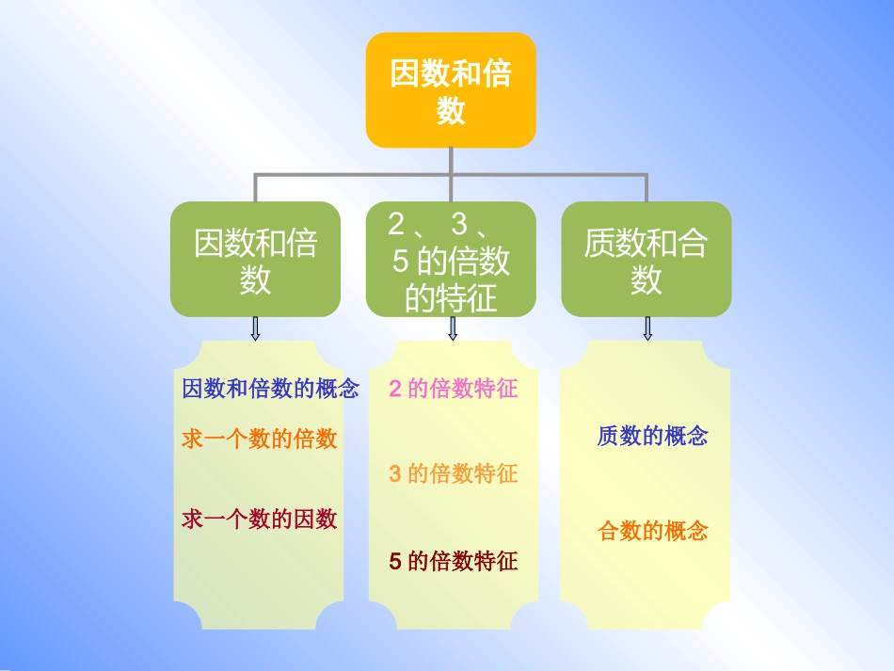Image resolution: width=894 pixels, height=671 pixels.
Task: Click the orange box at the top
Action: (x=451, y=90)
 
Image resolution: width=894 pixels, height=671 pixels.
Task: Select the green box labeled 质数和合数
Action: (x=646, y=259)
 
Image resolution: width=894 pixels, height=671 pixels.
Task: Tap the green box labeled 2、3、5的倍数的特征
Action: (x=451, y=259)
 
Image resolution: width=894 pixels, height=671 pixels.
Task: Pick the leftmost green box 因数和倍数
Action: (x=255, y=259)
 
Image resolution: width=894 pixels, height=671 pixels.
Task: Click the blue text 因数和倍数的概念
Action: (x=271, y=389)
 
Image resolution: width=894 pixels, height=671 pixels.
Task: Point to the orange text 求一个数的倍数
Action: (x=260, y=439)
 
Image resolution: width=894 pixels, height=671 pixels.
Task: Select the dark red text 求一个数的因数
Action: (x=260, y=519)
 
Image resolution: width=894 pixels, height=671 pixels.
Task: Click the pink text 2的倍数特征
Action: (x=454, y=389)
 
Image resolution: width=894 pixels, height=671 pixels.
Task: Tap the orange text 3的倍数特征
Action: (x=454, y=473)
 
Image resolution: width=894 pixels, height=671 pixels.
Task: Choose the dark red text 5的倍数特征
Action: (x=454, y=562)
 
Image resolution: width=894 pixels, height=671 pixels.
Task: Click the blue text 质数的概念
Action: (x=652, y=436)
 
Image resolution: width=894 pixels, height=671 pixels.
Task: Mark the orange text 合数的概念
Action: (x=652, y=532)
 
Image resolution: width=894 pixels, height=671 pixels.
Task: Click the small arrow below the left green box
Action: (x=255, y=328)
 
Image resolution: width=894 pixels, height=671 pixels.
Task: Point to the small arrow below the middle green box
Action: (x=453, y=328)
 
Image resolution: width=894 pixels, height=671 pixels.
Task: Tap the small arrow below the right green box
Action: (x=647, y=328)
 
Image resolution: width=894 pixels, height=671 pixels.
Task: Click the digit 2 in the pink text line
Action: (x=395, y=389)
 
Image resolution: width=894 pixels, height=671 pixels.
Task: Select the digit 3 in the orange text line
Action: (x=395, y=473)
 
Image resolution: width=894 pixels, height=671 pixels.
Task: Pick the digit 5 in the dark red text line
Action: (x=395, y=562)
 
